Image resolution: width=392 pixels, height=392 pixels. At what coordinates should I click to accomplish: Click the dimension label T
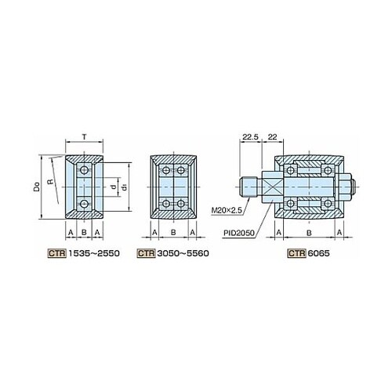coord(84,136)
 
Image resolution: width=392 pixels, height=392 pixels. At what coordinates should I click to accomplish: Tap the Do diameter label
coord(38,187)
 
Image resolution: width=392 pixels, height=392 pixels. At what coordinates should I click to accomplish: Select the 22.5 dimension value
coord(250,136)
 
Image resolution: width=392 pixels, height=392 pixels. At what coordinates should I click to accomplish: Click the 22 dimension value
coord(272,136)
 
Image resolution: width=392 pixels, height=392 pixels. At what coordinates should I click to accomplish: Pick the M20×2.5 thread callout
coord(227,210)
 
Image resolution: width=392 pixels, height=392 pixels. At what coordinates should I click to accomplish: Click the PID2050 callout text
coord(239,233)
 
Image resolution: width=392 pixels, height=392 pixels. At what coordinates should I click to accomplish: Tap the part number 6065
coord(318,253)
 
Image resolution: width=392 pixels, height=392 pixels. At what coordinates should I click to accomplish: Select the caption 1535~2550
coord(94,253)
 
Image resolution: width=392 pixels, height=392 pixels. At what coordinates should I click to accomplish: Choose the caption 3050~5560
coord(183,253)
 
